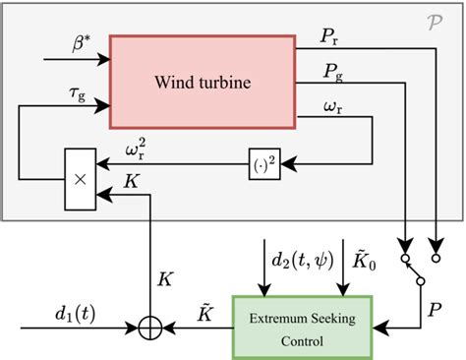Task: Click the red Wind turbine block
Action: (x=202, y=78)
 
